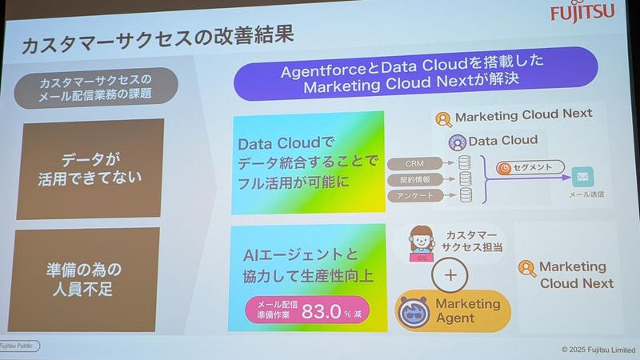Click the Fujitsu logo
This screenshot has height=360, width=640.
592,14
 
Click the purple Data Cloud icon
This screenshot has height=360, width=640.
457,142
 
